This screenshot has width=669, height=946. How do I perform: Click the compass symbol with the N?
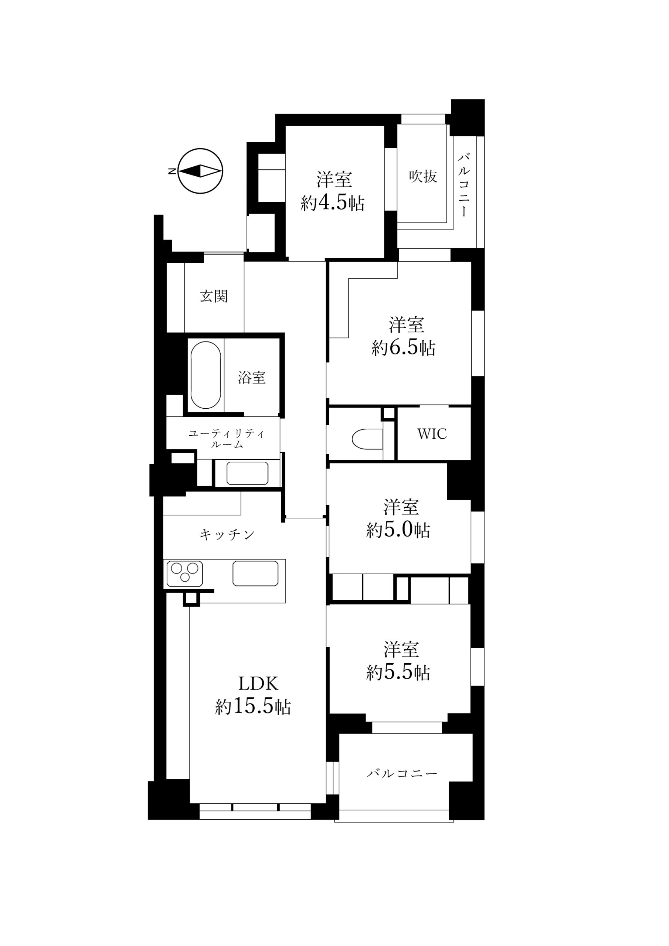click(x=200, y=171)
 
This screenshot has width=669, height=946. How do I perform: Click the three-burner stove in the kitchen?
click(x=185, y=573)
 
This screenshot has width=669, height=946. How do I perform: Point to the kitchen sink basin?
click(x=255, y=573)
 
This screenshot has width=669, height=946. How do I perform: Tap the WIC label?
click(x=432, y=434)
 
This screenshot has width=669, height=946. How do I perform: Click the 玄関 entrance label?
click(x=214, y=296)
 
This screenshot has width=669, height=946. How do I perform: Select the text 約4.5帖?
click(x=333, y=203)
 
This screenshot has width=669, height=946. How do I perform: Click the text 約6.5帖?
click(x=404, y=348)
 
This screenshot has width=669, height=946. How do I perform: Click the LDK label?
click(x=258, y=684)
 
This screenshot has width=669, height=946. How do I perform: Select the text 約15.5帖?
click(x=253, y=707)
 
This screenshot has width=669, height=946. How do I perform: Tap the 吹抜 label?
click(x=423, y=176)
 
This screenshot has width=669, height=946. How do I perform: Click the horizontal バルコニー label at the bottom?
click(x=402, y=774)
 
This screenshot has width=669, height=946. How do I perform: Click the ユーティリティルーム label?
click(x=227, y=439)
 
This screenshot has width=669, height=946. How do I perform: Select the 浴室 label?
click(x=251, y=377)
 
